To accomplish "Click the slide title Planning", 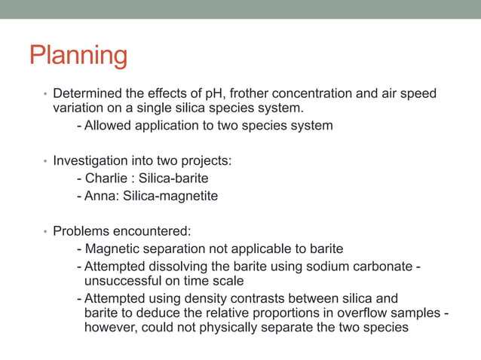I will pos(78,56).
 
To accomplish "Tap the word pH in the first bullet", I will pos(216,94).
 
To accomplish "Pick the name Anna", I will pos(100,196).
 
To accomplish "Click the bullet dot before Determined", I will pos(45,96).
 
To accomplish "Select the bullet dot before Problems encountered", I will pos(45,232).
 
